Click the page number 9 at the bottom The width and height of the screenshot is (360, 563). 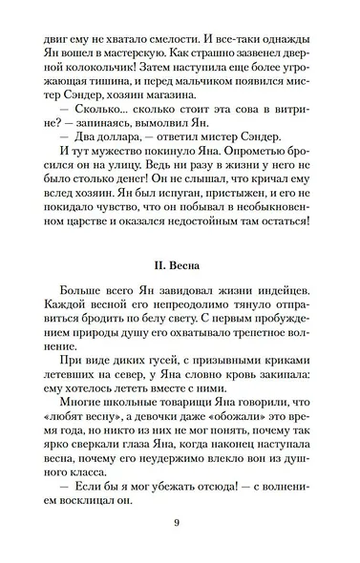179,549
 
